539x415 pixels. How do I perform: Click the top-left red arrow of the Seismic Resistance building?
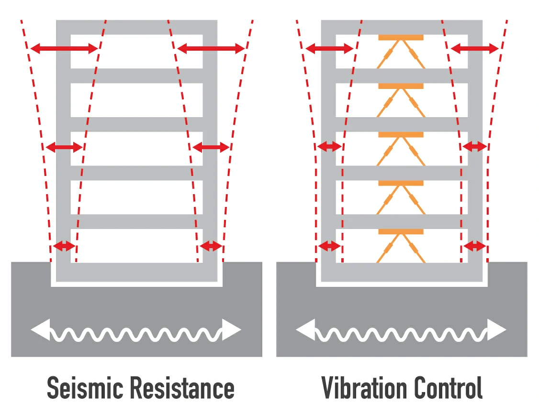[64, 48]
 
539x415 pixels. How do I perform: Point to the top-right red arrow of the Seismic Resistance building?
[211, 48]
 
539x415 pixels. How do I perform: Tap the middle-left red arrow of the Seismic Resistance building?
[64, 147]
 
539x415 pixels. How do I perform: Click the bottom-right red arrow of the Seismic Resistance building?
[211, 246]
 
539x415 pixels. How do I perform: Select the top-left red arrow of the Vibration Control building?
[329, 48]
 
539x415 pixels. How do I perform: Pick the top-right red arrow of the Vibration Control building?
[475, 48]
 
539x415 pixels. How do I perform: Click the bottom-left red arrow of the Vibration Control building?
[329, 246]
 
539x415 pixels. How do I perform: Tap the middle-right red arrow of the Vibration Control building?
[475, 147]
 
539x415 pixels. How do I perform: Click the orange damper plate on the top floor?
[401, 37]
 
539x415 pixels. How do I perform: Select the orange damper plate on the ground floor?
[401, 232]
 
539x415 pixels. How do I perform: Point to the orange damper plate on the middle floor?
[401, 135]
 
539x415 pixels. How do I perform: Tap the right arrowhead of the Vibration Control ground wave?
[496, 330]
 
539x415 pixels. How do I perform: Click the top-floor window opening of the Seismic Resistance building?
[136, 51]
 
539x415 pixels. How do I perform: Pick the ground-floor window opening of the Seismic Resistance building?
[136, 245]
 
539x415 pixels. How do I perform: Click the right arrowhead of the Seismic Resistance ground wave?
[231, 330]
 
